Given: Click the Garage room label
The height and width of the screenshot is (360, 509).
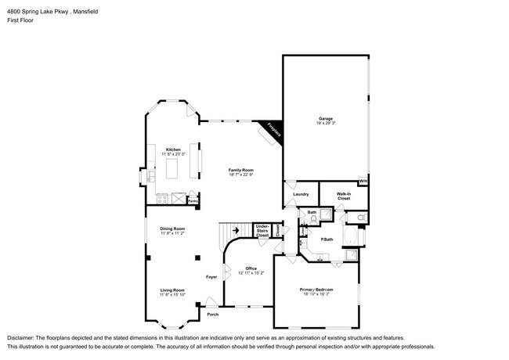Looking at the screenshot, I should point(326,118).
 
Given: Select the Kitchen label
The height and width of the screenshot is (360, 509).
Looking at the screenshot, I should point(173,149).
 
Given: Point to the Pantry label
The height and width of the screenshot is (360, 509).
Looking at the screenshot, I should point(192,200).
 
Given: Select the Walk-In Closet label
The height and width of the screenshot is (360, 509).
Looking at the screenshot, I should point(343,196).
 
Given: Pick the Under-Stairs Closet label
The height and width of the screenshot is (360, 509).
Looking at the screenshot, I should point(262,231).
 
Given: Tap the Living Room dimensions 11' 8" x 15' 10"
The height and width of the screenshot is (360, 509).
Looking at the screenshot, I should point(172,294).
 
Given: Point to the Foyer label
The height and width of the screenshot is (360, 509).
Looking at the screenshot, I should point(211,277).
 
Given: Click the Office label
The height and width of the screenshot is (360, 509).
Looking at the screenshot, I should point(251,268).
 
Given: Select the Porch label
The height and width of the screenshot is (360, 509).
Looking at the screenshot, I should point(212,315).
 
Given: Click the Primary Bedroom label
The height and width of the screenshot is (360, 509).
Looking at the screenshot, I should point(316,289).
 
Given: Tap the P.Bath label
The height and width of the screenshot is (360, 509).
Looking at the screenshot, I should point(327,239).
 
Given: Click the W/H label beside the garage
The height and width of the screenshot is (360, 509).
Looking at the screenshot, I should point(363,182).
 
